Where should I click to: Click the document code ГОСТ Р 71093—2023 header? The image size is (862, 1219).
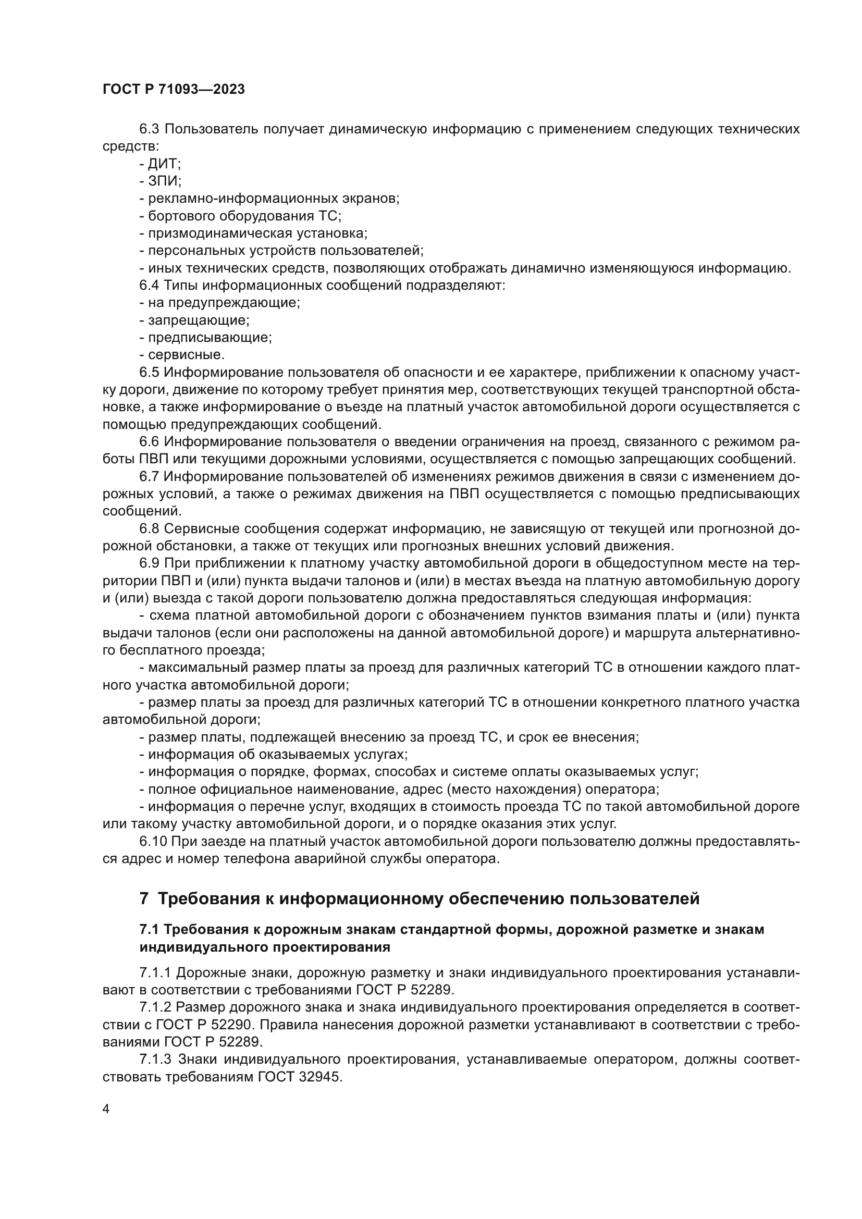pos(174,89)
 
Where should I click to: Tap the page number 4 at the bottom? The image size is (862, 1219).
pos(106,1109)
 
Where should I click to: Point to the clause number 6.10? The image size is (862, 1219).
pos(153,842)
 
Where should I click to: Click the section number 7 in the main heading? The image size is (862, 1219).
pos(144,899)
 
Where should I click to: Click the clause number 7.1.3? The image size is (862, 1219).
pos(155,1058)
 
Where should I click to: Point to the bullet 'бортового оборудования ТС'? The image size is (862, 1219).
pos(244,216)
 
